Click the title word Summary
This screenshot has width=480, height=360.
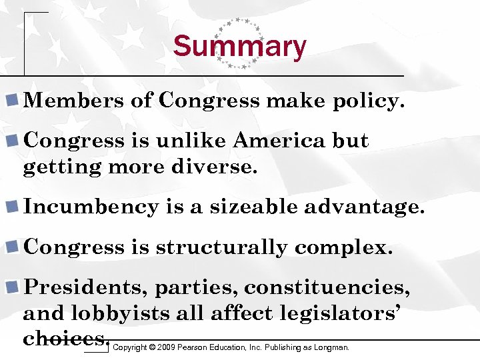click(239, 47)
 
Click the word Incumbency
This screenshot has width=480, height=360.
click(91, 207)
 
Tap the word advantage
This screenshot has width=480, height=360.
click(363, 207)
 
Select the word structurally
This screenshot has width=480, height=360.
click(221, 247)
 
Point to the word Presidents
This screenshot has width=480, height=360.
click(86, 287)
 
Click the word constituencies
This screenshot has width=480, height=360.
click(327, 287)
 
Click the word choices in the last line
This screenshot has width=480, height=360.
click(65, 338)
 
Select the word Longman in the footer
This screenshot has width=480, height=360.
click(332, 347)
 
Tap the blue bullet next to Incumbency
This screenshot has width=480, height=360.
click(12, 207)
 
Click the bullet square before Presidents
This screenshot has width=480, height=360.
click(12, 287)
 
